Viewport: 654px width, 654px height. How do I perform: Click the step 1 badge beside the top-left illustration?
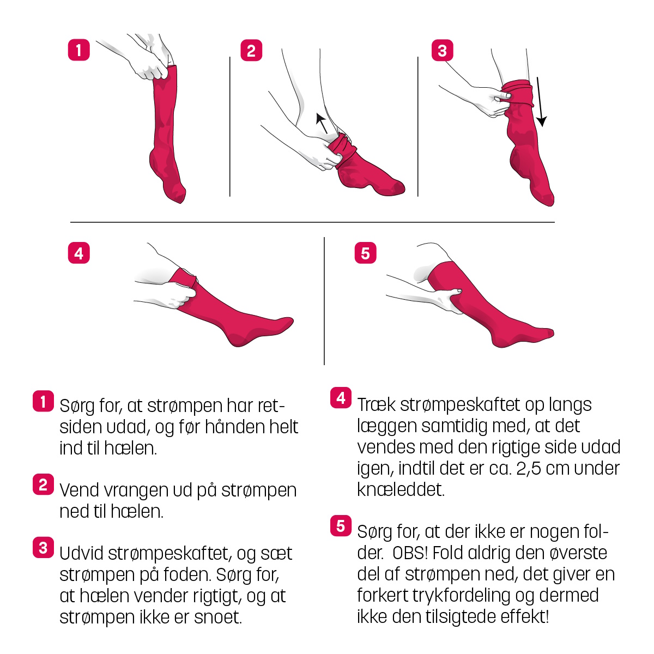click(78, 50)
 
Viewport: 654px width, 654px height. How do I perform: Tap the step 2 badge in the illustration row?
click(251, 51)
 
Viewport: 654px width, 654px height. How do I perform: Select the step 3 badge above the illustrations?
click(442, 51)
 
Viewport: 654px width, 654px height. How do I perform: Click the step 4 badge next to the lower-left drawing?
click(78, 253)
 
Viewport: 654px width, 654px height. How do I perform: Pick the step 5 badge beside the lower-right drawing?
click(366, 253)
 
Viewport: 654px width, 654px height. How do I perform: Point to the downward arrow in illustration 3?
click(540, 102)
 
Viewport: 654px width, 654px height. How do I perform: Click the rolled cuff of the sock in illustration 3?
click(517, 92)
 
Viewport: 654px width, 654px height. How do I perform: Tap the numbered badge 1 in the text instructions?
click(43, 401)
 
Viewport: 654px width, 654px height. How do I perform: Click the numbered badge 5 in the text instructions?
click(341, 526)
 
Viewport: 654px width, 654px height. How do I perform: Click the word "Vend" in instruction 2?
click(80, 490)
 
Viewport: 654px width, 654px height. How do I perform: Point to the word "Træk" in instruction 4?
click(377, 405)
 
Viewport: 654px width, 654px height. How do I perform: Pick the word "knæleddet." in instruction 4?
click(401, 490)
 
